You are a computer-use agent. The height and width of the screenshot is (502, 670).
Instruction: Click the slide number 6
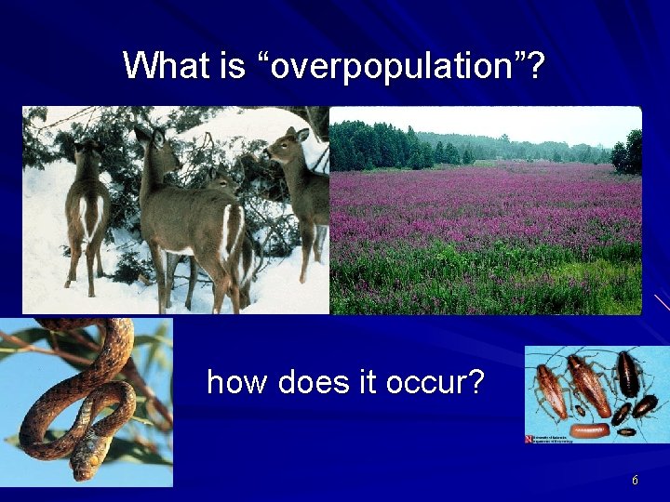pos(635,480)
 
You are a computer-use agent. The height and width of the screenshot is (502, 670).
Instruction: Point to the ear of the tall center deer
pos(142,133)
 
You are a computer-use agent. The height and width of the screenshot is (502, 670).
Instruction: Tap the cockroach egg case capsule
pos(591,430)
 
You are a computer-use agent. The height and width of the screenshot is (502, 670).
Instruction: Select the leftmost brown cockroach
pos(550,390)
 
